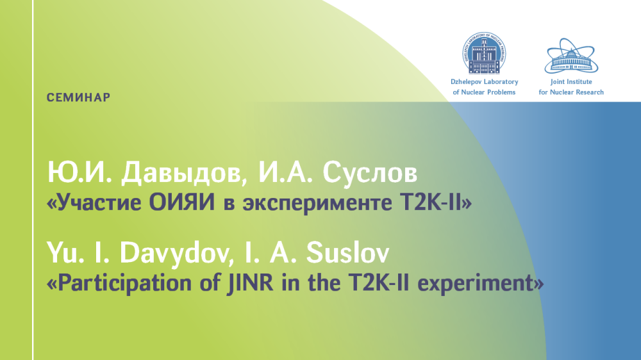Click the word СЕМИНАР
pos(78,97)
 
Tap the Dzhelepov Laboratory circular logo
pos(485,53)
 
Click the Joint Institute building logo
pos(571,56)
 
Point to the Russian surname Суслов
pos(370,172)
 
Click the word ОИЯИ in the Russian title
pos(181,202)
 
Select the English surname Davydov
pos(174,253)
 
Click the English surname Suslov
pos(347,252)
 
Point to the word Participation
pos(125,283)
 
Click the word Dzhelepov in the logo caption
pos(466,82)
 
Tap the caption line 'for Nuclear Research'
pos(571,92)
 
